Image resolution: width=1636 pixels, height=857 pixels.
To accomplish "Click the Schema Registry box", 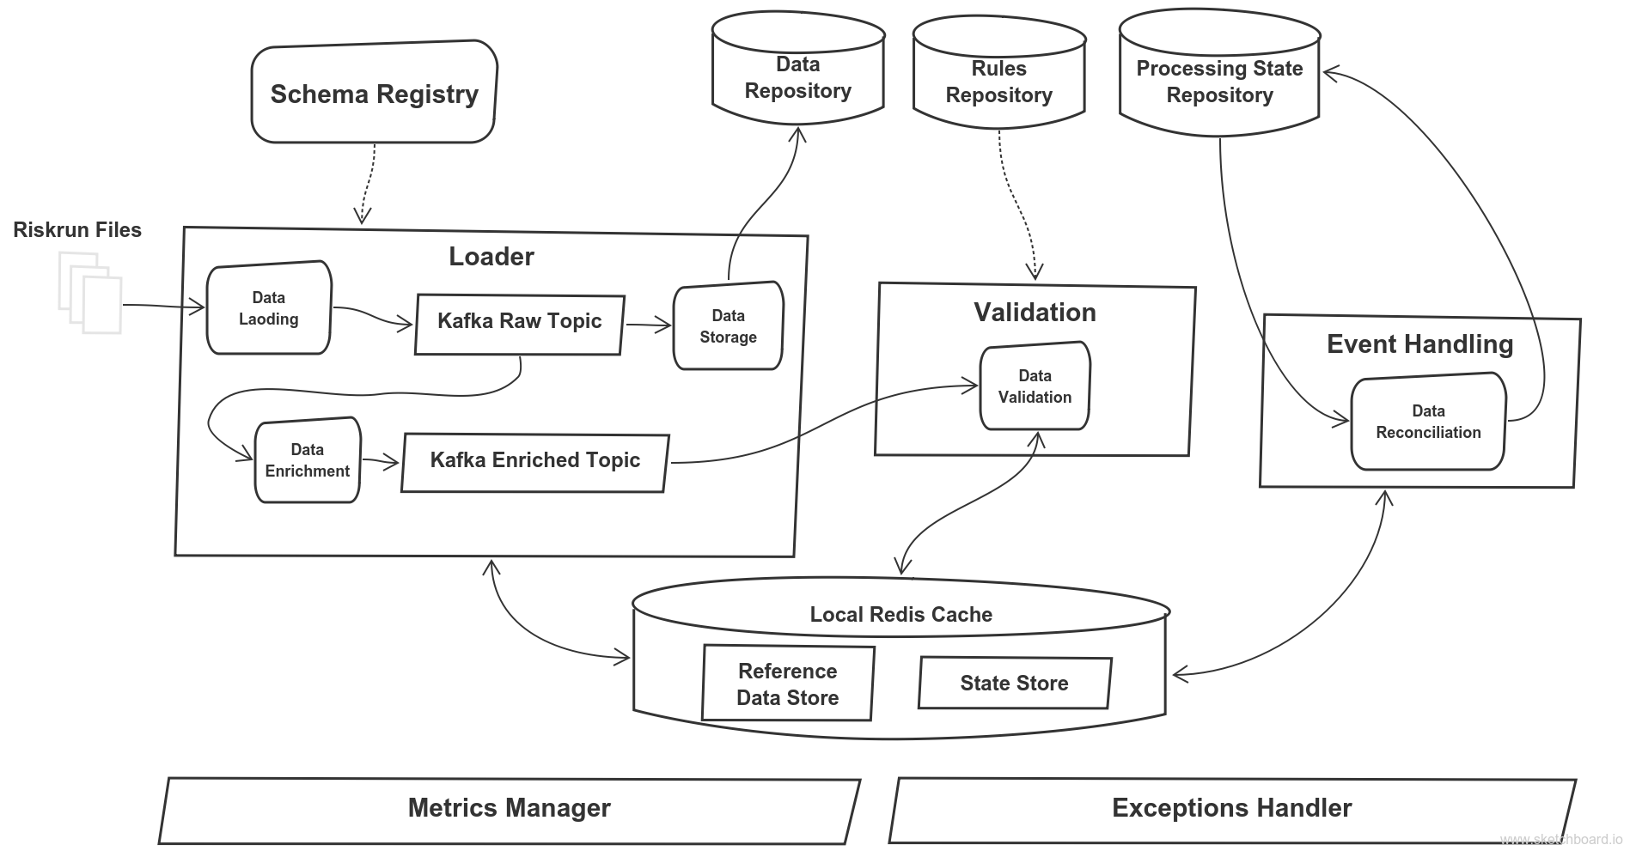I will click(x=374, y=94).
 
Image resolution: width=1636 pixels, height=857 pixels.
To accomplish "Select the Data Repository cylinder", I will click(x=797, y=76).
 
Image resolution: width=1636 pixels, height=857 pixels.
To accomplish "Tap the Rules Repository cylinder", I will click(x=998, y=81).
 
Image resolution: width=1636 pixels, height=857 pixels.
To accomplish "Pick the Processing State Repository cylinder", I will click(x=1219, y=81).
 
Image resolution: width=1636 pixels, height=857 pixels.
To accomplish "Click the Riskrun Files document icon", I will click(x=90, y=293).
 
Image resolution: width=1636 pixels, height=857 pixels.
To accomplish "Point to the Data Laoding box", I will click(x=268, y=307).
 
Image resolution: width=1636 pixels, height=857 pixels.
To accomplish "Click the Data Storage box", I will click(x=728, y=326).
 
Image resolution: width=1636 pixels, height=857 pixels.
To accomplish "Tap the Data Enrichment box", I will click(x=307, y=460).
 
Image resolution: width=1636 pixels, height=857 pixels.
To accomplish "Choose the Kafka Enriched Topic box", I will click(x=534, y=461).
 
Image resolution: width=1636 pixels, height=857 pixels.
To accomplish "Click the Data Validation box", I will click(x=1035, y=386).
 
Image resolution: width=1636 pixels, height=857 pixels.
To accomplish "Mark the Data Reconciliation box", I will click(x=1428, y=422).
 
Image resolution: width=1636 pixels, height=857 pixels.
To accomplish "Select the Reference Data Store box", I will click(x=787, y=684).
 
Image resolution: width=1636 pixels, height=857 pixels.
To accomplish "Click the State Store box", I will click(x=1014, y=684).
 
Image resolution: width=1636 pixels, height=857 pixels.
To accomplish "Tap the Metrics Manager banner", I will click(x=509, y=808).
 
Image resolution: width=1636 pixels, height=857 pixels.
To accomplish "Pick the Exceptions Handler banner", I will click(x=1231, y=808).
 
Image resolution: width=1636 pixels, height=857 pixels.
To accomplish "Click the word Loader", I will click(x=491, y=257).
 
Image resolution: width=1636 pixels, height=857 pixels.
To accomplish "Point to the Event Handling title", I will click(x=1419, y=344).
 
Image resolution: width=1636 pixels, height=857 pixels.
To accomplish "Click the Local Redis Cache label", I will click(x=900, y=615).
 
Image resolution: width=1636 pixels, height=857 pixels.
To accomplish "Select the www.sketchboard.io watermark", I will click(x=1561, y=839).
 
